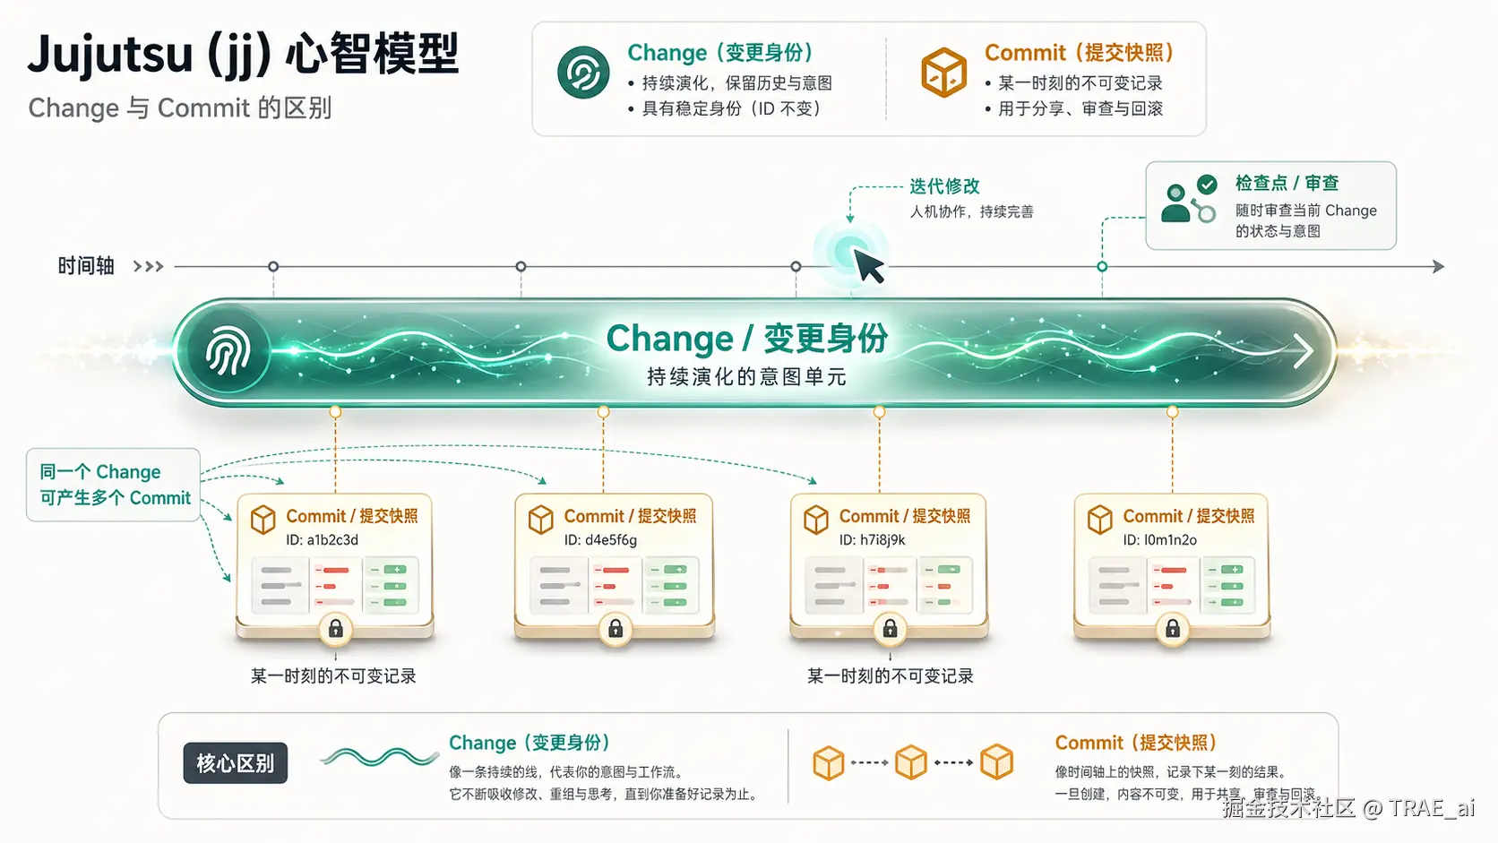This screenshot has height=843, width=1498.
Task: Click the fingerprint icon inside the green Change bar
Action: point(228,351)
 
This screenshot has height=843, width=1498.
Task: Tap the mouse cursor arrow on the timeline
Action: point(867,266)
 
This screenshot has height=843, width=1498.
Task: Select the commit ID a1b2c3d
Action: point(322,540)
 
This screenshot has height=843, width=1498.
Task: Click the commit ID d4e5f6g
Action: point(600,540)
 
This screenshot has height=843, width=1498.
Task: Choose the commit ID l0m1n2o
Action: point(1159,540)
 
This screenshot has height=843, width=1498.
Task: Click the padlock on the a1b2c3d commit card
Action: point(336,629)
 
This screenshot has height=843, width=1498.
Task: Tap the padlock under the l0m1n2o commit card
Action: point(1172,629)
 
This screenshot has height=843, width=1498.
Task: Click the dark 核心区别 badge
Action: point(236,763)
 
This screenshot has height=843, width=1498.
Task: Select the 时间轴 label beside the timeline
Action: point(86,266)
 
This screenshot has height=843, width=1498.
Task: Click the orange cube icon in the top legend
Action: point(943,73)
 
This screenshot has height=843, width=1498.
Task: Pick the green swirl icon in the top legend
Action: point(583,73)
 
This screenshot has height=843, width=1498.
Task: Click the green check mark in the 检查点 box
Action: point(1207,185)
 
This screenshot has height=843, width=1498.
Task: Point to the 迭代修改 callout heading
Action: point(944,186)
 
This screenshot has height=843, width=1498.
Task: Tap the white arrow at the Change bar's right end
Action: point(1303,350)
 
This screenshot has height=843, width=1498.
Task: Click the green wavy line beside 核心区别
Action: point(380,758)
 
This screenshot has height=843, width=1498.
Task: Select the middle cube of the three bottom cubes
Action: point(911,762)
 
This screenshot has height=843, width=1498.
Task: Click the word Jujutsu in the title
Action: point(110,54)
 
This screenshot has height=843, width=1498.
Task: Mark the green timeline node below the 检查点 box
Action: point(1102,267)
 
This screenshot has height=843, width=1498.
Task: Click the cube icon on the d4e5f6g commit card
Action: point(541,519)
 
